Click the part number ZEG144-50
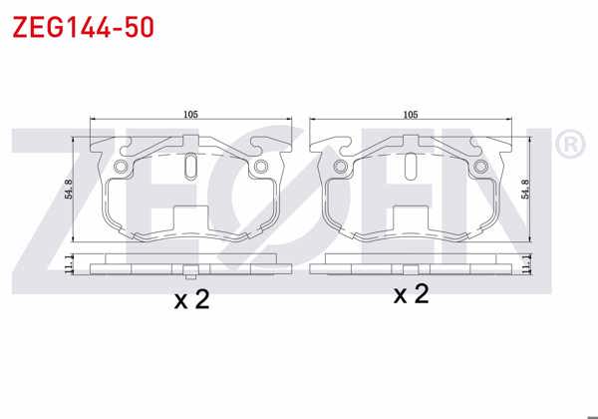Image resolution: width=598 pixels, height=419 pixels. (x=83, y=27)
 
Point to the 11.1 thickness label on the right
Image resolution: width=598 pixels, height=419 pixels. (x=528, y=263)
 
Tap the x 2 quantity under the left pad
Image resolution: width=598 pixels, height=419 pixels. (x=191, y=299)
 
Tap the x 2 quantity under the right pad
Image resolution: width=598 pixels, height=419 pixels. (x=411, y=294)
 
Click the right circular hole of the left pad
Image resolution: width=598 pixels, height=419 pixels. (x=261, y=166)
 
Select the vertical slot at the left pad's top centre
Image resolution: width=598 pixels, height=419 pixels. (x=190, y=166)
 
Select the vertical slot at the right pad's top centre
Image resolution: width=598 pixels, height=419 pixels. (x=410, y=166)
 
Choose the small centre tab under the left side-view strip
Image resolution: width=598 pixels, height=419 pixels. (x=190, y=272)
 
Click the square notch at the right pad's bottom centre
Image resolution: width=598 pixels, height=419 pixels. (x=410, y=218)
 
